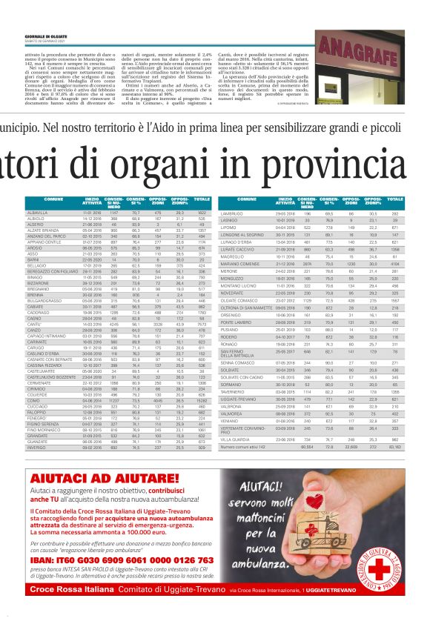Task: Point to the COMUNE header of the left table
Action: (54, 199)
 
